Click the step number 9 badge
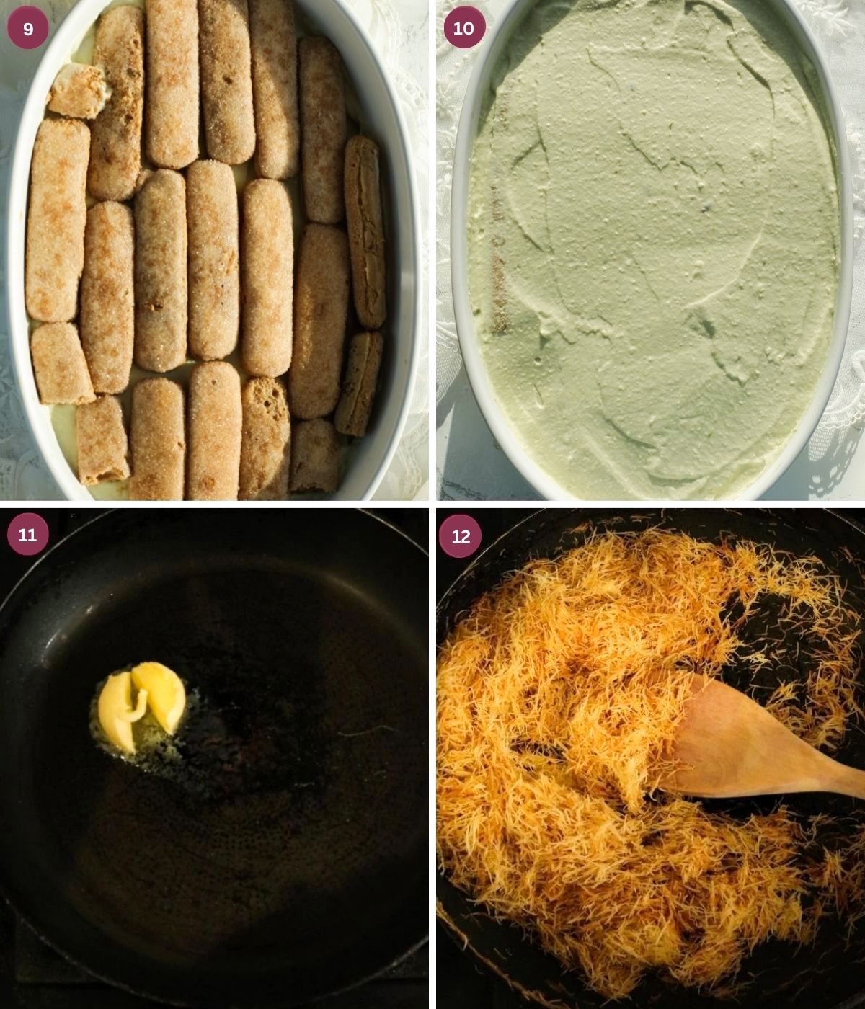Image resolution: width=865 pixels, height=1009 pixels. [28, 28]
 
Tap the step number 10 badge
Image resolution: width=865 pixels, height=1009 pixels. [463, 28]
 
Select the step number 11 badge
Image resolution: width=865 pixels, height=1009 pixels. [28, 535]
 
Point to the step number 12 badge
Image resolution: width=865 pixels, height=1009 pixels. [461, 535]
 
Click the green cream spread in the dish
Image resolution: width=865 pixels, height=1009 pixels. [654, 244]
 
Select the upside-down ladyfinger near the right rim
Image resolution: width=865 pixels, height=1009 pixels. [365, 232]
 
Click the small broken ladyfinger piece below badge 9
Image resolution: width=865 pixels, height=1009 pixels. [76, 92]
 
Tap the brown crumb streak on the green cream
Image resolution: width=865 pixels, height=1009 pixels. [499, 259]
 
